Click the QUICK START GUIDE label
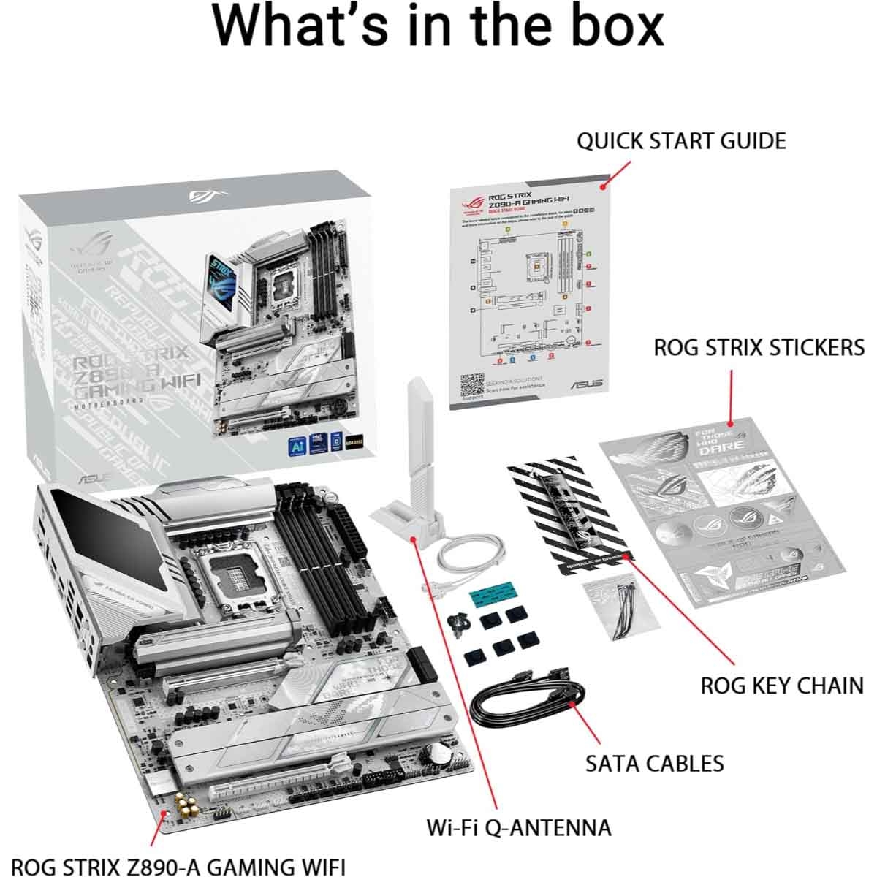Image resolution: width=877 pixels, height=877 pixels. click(x=681, y=140)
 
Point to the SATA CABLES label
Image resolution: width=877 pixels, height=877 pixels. click(x=654, y=763)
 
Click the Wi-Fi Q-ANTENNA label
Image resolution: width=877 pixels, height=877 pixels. click(x=519, y=827)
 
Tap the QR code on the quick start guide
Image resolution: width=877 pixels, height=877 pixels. click(x=473, y=385)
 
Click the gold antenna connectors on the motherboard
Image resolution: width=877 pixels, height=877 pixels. click(x=186, y=808)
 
